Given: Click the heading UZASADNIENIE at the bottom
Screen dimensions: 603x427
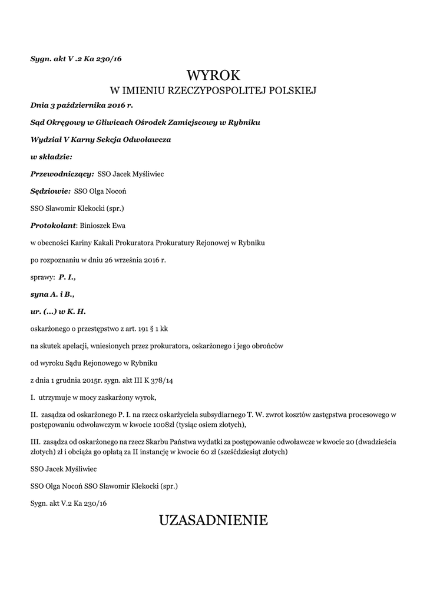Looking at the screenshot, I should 213,520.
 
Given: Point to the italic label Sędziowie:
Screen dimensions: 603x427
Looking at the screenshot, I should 51,191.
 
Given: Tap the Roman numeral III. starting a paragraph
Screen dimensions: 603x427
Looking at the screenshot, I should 35,441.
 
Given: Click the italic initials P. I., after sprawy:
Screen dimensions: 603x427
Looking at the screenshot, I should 67,276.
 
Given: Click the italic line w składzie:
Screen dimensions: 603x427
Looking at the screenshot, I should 51,157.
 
